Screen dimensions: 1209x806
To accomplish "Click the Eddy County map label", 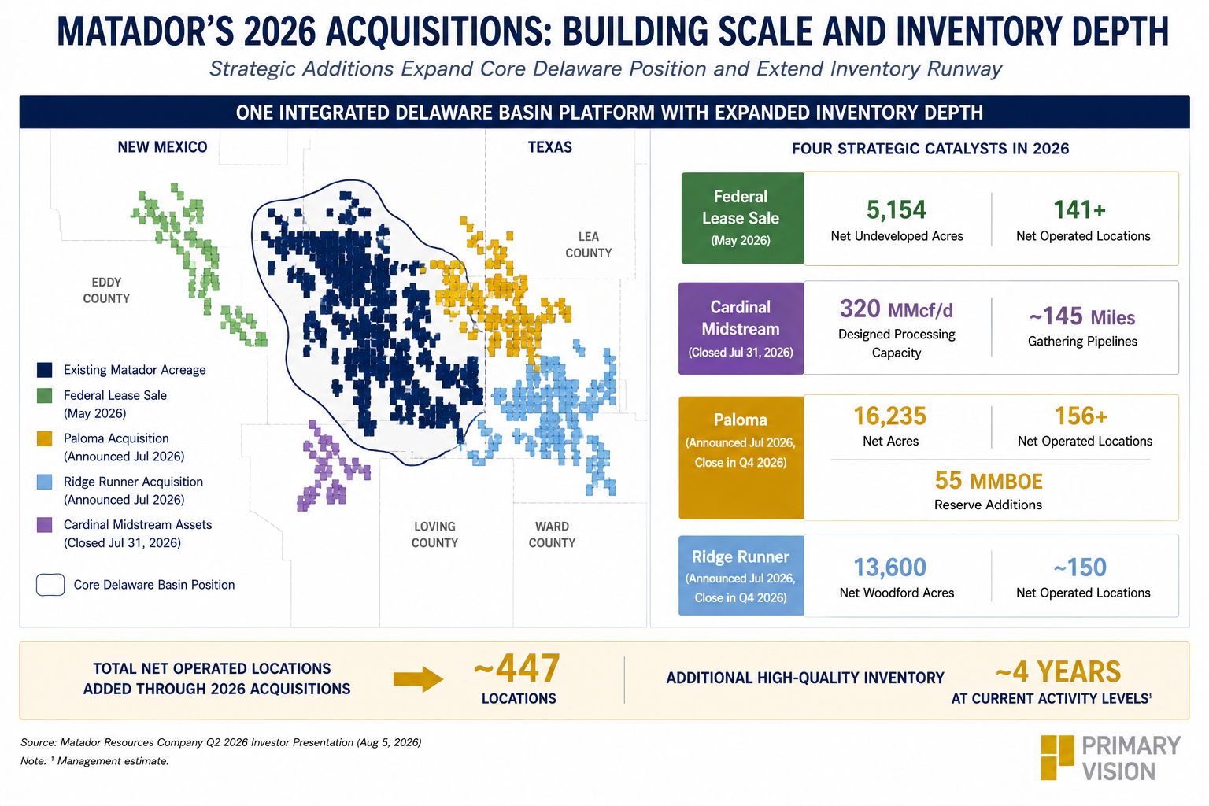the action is [x=106, y=290].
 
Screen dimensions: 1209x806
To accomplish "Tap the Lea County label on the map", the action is [x=588, y=245].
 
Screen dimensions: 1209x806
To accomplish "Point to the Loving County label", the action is [x=434, y=534].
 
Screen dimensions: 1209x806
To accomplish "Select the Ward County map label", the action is [x=552, y=534].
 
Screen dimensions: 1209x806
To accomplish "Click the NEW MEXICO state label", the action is [x=162, y=147].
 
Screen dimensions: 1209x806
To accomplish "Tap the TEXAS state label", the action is [x=549, y=147].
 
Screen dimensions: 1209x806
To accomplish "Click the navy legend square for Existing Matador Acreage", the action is [x=44, y=370].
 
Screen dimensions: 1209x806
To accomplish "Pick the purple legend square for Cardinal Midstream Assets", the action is [x=44, y=525].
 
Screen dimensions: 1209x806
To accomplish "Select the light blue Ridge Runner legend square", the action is [x=44, y=482].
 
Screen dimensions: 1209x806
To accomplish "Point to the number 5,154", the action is [x=896, y=210].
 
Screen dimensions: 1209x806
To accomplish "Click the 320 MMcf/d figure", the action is [x=896, y=309].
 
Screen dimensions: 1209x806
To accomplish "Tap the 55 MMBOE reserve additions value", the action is [x=989, y=480].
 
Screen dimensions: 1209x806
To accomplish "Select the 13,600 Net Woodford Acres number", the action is [x=889, y=568].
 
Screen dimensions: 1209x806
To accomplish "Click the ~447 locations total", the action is [x=516, y=669].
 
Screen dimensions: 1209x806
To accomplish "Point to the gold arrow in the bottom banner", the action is [x=418, y=679].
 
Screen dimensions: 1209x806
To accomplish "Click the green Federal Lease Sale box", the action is [x=743, y=218].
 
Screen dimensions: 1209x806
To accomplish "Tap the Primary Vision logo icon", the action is [x=1057, y=757].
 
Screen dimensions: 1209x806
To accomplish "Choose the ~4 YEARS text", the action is [x=1059, y=672].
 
